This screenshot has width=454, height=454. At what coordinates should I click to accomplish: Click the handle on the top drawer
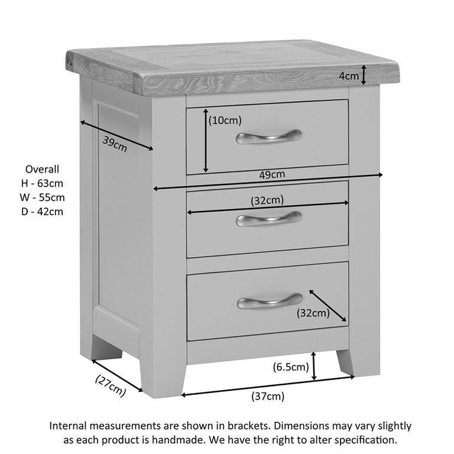pos(268,137)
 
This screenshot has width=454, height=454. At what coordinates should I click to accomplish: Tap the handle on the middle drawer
pos(268,219)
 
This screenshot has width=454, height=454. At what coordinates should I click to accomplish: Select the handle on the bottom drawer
pos(270,301)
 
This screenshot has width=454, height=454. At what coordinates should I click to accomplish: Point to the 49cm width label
pos(272,174)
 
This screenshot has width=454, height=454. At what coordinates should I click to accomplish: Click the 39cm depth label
pos(115,144)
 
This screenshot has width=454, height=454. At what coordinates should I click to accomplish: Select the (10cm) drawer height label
pos(225,121)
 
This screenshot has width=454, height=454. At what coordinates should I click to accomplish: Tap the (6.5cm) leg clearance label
pos(291,367)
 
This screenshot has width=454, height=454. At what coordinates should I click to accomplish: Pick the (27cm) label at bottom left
pos(110,386)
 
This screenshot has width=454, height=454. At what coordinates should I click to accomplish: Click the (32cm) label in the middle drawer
pos(267,200)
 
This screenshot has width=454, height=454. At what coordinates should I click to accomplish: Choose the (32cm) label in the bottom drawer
pos(313,313)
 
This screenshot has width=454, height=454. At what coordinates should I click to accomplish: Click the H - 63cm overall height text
pos(42,183)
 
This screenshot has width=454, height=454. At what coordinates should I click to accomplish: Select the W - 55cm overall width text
pos(42,197)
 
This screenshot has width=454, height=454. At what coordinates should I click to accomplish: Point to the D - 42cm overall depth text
pos(42,212)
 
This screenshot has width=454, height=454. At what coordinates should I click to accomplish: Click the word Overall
pos(42,169)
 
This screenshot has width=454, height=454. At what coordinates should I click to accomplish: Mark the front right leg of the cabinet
pos(346,362)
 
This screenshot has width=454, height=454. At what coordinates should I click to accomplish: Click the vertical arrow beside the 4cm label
pos(365,75)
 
